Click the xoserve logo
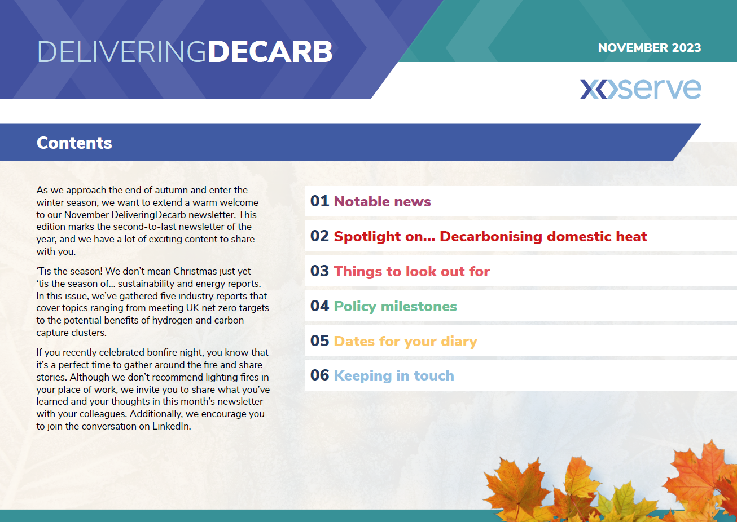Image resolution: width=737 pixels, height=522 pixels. tap(641, 89)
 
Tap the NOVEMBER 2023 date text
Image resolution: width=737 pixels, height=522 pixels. tap(650, 48)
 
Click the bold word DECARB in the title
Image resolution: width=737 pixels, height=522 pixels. tap(270, 52)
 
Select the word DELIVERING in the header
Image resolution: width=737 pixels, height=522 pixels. tap(122, 52)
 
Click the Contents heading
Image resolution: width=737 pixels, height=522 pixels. tap(74, 143)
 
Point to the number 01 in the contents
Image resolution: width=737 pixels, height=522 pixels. tap(319, 201)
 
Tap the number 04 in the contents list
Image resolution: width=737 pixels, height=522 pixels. tap(319, 306)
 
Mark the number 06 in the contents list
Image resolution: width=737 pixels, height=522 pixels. tap(319, 375)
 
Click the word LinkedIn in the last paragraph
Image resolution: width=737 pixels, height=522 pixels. tap(172, 426)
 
